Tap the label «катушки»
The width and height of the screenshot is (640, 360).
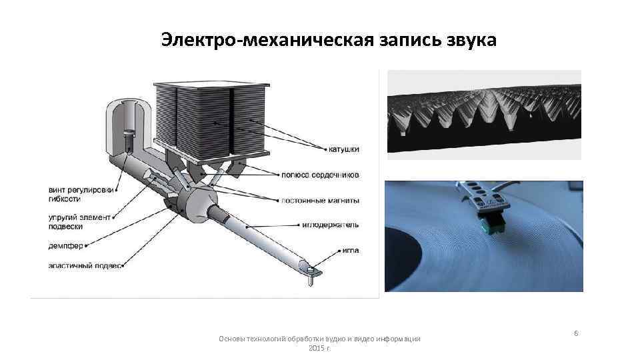(x=344, y=149)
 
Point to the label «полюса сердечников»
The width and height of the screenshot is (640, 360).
(x=320, y=175)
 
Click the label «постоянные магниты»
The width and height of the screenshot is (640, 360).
(x=320, y=201)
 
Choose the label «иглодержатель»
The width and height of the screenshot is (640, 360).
(x=330, y=225)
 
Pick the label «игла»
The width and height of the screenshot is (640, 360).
(x=350, y=250)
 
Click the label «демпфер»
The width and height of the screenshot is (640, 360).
(x=66, y=246)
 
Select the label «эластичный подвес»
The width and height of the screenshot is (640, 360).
(x=85, y=266)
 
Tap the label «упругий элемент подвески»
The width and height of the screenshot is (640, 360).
(x=79, y=222)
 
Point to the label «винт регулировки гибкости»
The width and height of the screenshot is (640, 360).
(x=81, y=194)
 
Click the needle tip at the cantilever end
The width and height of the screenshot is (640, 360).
(x=311, y=284)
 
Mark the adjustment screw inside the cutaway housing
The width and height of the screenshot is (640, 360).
(x=129, y=139)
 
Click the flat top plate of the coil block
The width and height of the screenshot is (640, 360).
(x=211, y=85)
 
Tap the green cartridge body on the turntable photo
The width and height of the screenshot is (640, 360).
(x=492, y=224)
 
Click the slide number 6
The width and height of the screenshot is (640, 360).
(x=576, y=333)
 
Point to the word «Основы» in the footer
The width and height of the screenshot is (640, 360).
(x=231, y=339)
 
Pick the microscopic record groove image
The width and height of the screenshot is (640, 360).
(x=484, y=115)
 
